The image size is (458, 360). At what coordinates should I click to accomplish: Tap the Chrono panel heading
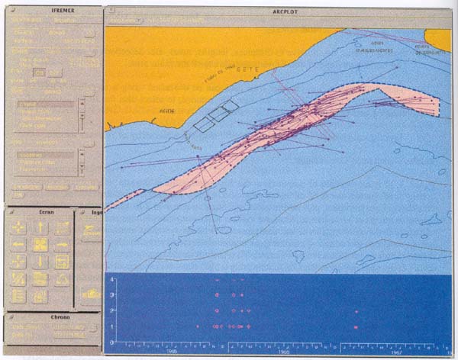click(50, 317)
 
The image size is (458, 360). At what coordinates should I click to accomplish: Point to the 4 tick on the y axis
click(112, 280)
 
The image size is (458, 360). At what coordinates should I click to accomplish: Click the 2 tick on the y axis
click(112, 311)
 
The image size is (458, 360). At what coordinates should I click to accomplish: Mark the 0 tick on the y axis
click(112, 342)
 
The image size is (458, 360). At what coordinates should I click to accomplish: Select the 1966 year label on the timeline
click(284, 353)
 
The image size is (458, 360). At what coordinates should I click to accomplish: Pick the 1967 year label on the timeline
click(396, 353)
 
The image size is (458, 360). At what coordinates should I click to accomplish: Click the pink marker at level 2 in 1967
click(356, 311)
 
